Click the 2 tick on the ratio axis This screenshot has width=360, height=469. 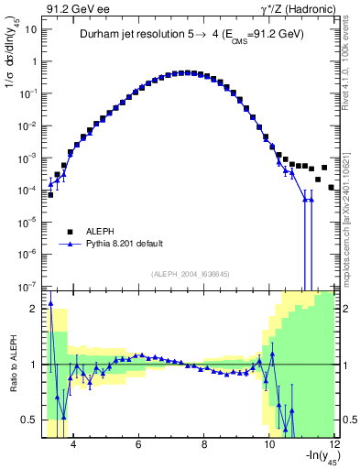35,309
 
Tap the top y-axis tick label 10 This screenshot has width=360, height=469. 31,28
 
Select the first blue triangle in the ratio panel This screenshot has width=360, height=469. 50,303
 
